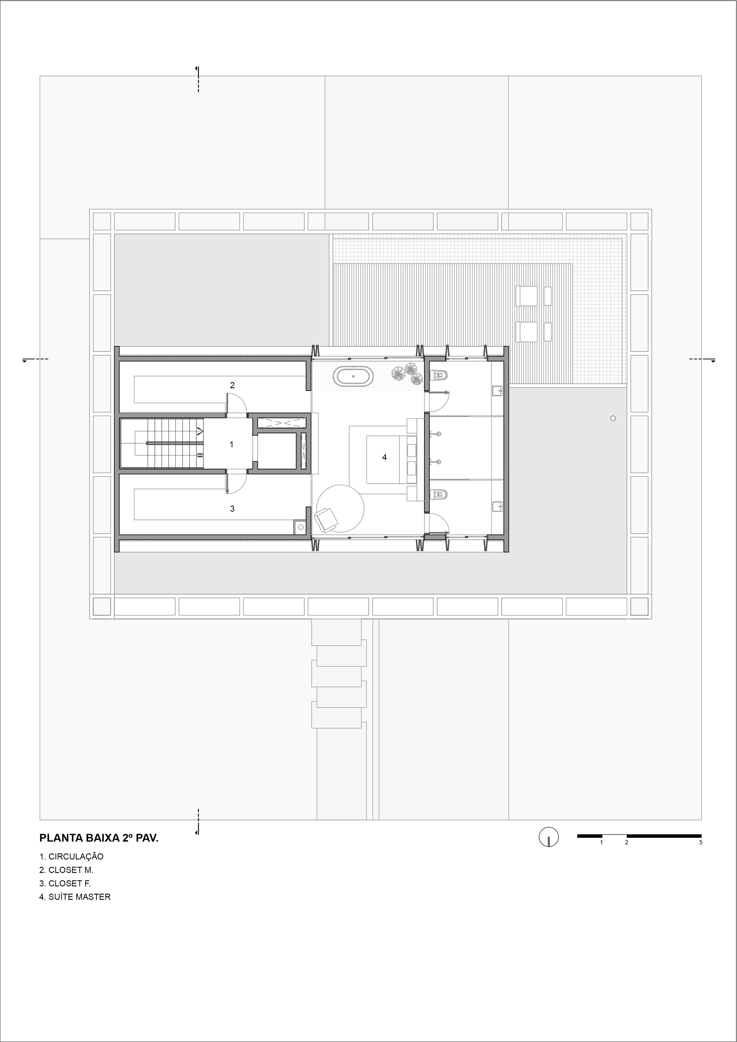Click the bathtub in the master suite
(x=353, y=376)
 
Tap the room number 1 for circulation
(x=231, y=445)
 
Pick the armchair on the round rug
(x=325, y=520)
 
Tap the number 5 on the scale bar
(x=700, y=843)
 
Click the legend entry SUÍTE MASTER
(x=75, y=897)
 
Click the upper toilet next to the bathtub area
(x=439, y=375)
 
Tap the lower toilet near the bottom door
(x=439, y=494)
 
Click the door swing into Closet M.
(x=237, y=404)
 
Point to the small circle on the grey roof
(x=613, y=419)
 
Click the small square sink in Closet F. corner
(x=300, y=527)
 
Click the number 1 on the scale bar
(x=601, y=843)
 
